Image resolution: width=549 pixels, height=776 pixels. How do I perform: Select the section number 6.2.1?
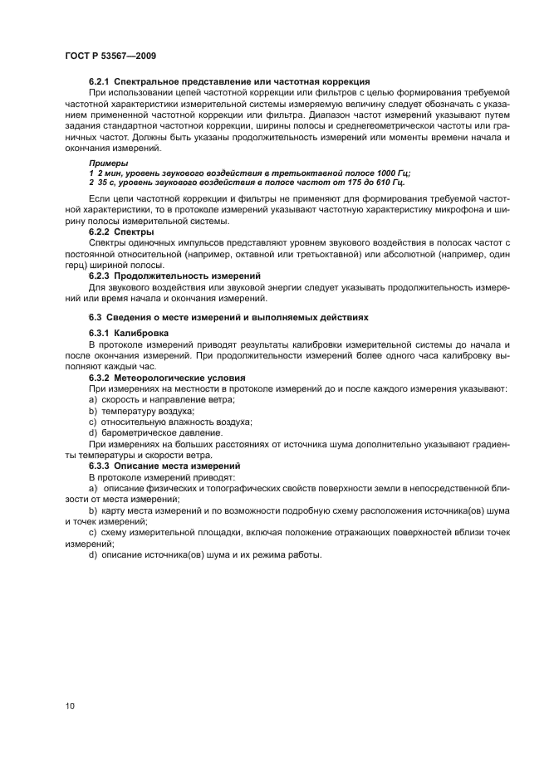(100, 81)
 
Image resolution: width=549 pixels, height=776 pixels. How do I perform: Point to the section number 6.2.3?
(100, 275)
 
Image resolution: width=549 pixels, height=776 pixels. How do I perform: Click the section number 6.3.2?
(100, 378)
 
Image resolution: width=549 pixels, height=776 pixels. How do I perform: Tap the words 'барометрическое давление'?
(161, 432)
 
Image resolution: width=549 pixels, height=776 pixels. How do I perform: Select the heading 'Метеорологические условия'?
(174, 378)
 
